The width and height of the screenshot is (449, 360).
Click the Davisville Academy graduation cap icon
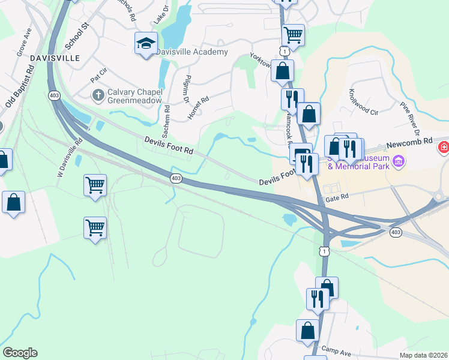tap(146, 44)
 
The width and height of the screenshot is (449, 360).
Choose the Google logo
tap(20, 353)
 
